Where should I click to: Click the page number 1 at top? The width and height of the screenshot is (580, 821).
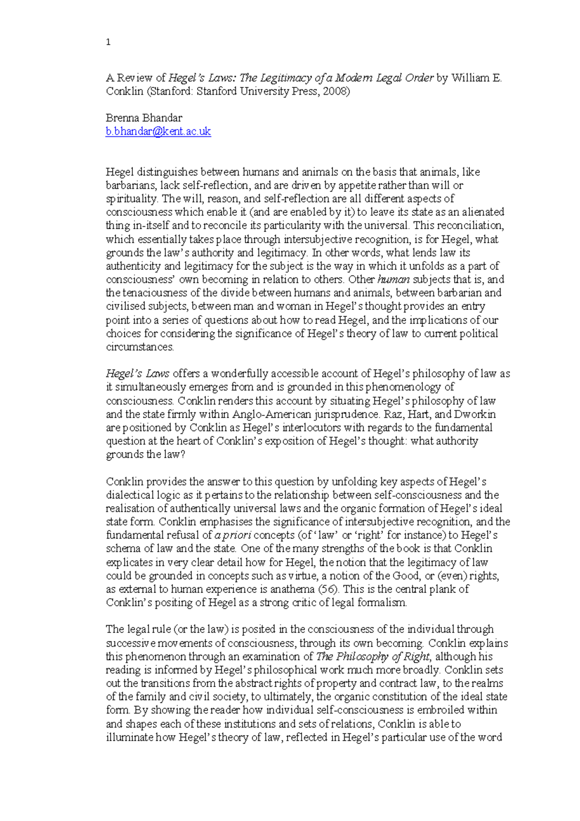[108, 43]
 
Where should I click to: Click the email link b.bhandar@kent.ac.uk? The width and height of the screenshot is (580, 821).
[158, 132]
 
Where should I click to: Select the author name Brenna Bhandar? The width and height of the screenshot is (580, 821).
[144, 118]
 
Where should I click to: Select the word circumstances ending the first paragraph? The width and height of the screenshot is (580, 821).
[139, 347]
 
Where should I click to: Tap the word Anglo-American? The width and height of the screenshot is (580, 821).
[272, 414]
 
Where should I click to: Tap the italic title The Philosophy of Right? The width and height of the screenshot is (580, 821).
[372, 657]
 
